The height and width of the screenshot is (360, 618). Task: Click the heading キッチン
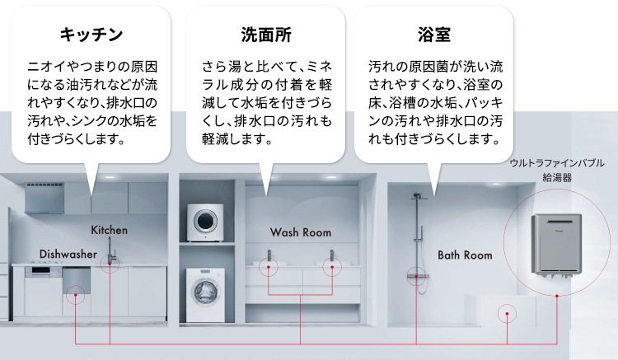91,35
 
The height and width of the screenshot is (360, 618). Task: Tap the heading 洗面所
265,35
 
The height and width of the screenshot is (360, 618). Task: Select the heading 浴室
433,35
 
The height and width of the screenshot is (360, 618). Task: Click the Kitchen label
109,229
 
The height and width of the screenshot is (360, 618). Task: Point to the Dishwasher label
68,253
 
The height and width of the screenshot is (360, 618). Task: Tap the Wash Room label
300,232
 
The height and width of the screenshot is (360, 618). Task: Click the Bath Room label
465,255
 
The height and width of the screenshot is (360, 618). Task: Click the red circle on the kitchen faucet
111,264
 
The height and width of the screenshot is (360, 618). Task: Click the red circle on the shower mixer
414,277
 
